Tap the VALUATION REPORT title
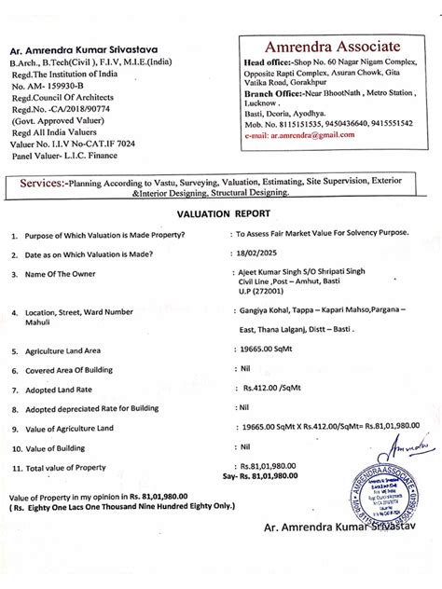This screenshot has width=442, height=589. pos(220,212)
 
